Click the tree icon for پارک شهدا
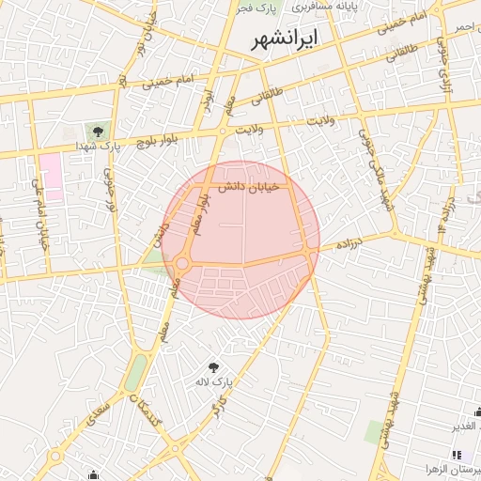point(98,131)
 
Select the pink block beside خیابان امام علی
point(50,177)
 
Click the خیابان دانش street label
point(244,188)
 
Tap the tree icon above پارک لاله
point(214,366)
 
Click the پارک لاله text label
point(214,382)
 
